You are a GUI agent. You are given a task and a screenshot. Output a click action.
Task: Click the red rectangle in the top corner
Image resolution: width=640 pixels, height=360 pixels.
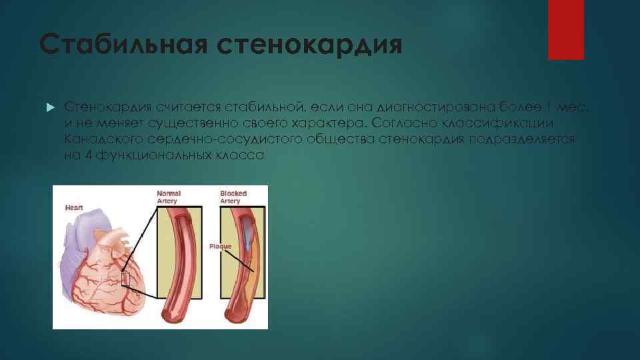coord(565,30)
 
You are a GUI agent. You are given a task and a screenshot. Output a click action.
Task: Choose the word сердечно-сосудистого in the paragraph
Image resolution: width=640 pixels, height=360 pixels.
coord(216,139)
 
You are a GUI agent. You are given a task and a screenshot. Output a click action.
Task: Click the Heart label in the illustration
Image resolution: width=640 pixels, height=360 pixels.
coord(73,208)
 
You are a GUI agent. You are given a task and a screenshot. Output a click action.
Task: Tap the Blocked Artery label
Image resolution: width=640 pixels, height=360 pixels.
coord(233,197)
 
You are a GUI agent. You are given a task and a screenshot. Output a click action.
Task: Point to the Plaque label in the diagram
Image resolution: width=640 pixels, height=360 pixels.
coord(220,247)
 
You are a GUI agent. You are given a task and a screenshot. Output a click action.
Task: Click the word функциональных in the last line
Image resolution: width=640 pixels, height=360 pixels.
coord(153,155)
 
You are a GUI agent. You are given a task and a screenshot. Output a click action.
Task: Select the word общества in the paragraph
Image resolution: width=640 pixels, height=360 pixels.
coord(339,139)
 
